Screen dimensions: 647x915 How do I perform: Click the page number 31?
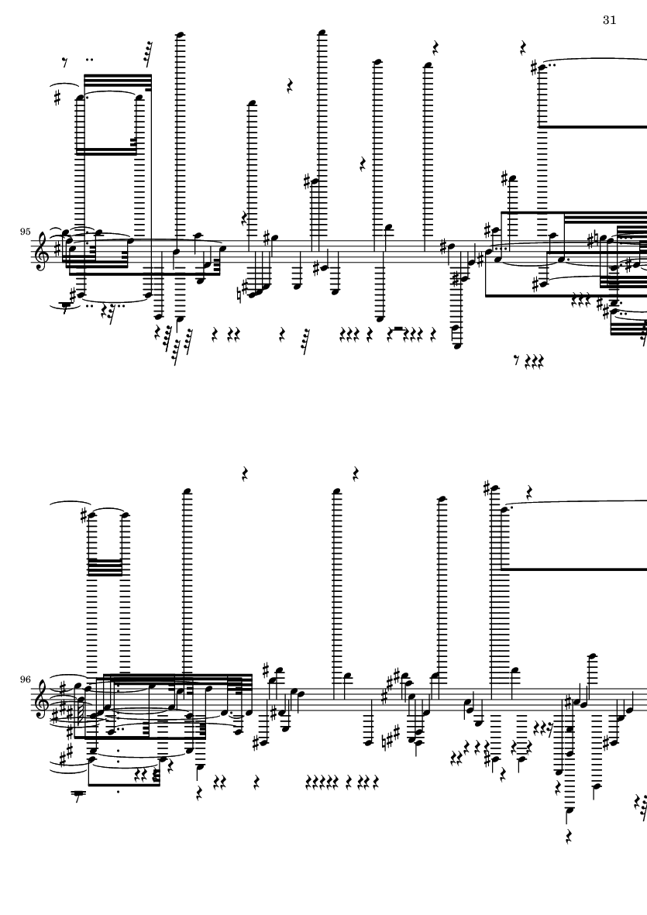coord(609,20)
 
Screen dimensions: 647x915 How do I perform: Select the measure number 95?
coord(25,232)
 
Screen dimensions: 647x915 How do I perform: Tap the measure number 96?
coord(25,679)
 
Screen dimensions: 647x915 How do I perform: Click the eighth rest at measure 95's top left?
coord(65,62)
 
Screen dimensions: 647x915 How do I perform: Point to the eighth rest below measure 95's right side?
coord(516,361)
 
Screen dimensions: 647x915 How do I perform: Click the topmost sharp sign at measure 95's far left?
coord(57,98)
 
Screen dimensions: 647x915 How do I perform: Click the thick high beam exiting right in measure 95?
coord(592,126)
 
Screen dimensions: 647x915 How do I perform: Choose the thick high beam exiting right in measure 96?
coord(574,569)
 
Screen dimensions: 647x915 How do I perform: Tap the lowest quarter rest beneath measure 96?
coord(569,837)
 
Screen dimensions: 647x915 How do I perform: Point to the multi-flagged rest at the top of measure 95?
coord(147,53)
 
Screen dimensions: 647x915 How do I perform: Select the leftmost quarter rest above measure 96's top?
coord(246,473)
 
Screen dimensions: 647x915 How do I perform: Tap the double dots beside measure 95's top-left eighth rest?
coord(89,59)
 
